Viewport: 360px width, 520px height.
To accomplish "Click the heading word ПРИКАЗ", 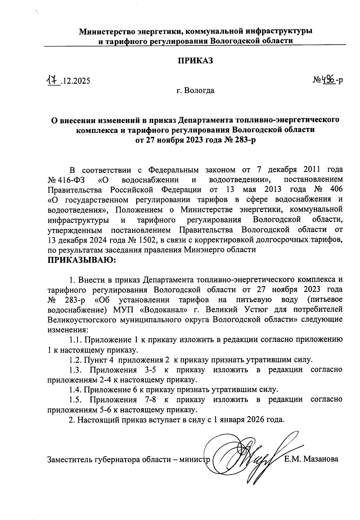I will (x=195, y=60).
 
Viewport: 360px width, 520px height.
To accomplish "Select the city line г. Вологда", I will (x=195, y=90).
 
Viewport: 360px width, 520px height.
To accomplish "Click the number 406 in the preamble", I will (x=336, y=190).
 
